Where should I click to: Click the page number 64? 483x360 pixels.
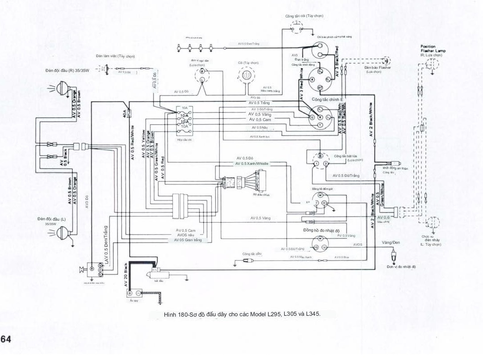pos(6,339)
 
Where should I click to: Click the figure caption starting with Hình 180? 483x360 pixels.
pos(242,314)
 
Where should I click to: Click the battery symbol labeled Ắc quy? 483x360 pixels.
pos(134,293)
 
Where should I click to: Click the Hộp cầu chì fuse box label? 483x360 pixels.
pos(184,139)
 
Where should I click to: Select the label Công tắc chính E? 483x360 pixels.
pos(327,99)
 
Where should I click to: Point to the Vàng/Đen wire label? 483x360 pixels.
pos(391,242)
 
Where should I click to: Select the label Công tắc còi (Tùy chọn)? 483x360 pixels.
pos(304,16)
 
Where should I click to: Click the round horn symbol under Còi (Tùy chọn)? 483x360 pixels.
pos(245,76)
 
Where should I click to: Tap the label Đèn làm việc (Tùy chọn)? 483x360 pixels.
pos(115,56)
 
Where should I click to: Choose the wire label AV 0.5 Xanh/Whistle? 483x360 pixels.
pos(252,164)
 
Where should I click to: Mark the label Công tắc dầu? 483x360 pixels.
pos(252,253)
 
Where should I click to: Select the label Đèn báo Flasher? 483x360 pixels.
pos(377,67)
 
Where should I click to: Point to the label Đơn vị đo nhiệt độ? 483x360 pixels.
pos(401,267)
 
